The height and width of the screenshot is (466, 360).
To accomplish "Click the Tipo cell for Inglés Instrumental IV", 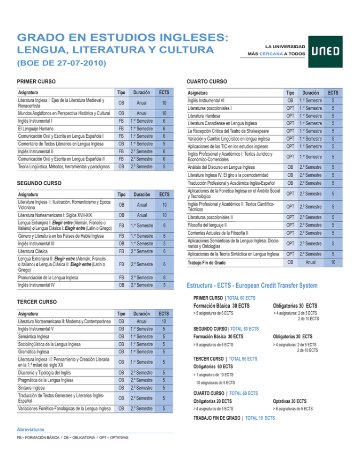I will click(121, 284).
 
